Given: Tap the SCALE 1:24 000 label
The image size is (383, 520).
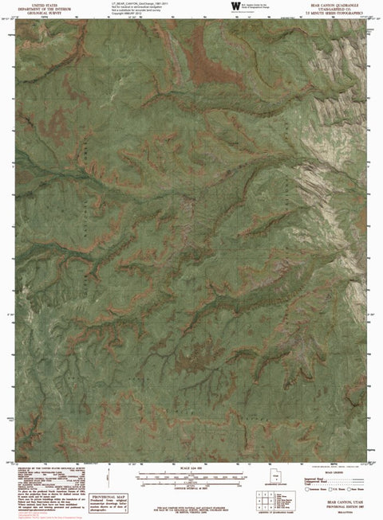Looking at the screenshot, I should tap(191, 466).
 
